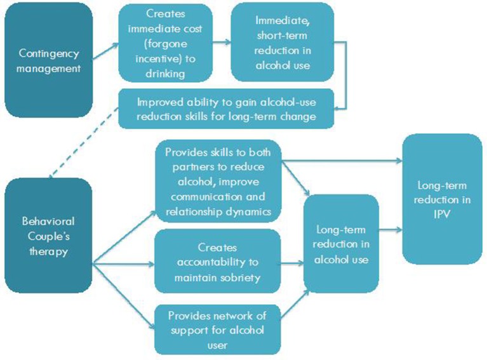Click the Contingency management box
pyautogui.click(x=49, y=61)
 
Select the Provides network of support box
pyautogui.click(x=217, y=330)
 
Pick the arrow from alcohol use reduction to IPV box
pyautogui.click(x=390, y=230)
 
